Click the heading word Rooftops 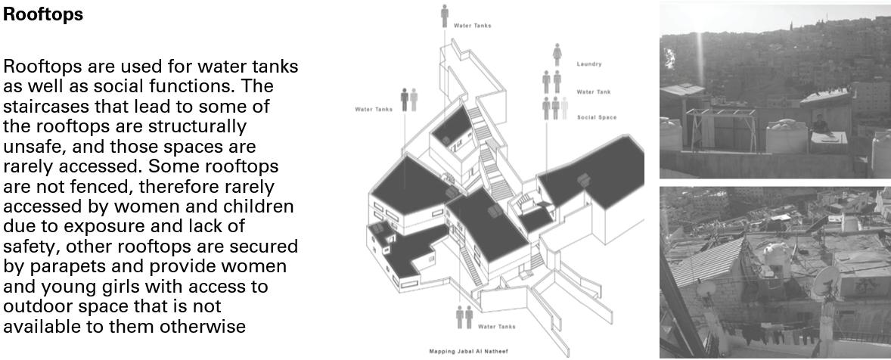44,14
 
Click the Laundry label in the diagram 588,64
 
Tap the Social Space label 596,117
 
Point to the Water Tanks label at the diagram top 472,26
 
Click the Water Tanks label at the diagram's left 374,109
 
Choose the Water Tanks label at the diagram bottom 496,327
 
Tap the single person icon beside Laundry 557,54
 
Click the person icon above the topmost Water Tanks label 445,15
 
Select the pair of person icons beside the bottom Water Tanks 464,317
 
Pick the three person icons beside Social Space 554,108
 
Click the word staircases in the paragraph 47,105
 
